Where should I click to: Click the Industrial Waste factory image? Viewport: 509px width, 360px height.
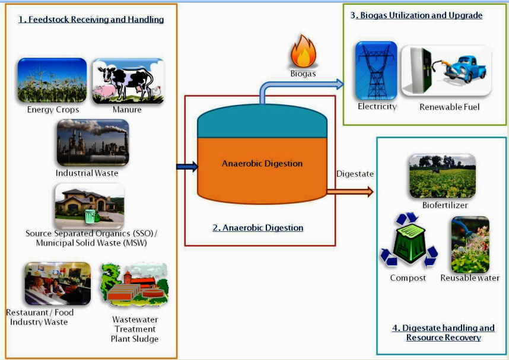click(93, 143)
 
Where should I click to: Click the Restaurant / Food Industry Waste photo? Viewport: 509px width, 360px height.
click(57, 283)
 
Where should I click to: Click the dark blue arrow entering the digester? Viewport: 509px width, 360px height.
click(186, 167)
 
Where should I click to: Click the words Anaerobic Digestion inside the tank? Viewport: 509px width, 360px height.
click(262, 164)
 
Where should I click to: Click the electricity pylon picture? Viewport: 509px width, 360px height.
click(376, 70)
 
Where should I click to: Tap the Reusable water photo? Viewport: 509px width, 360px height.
click(470, 244)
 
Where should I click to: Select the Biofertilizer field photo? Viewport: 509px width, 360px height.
click(442, 176)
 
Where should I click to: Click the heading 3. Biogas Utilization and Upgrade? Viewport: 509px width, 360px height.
click(416, 15)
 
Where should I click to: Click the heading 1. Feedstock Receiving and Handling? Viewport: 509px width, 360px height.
click(91, 20)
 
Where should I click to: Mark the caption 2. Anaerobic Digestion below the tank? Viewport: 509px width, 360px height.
click(257, 228)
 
